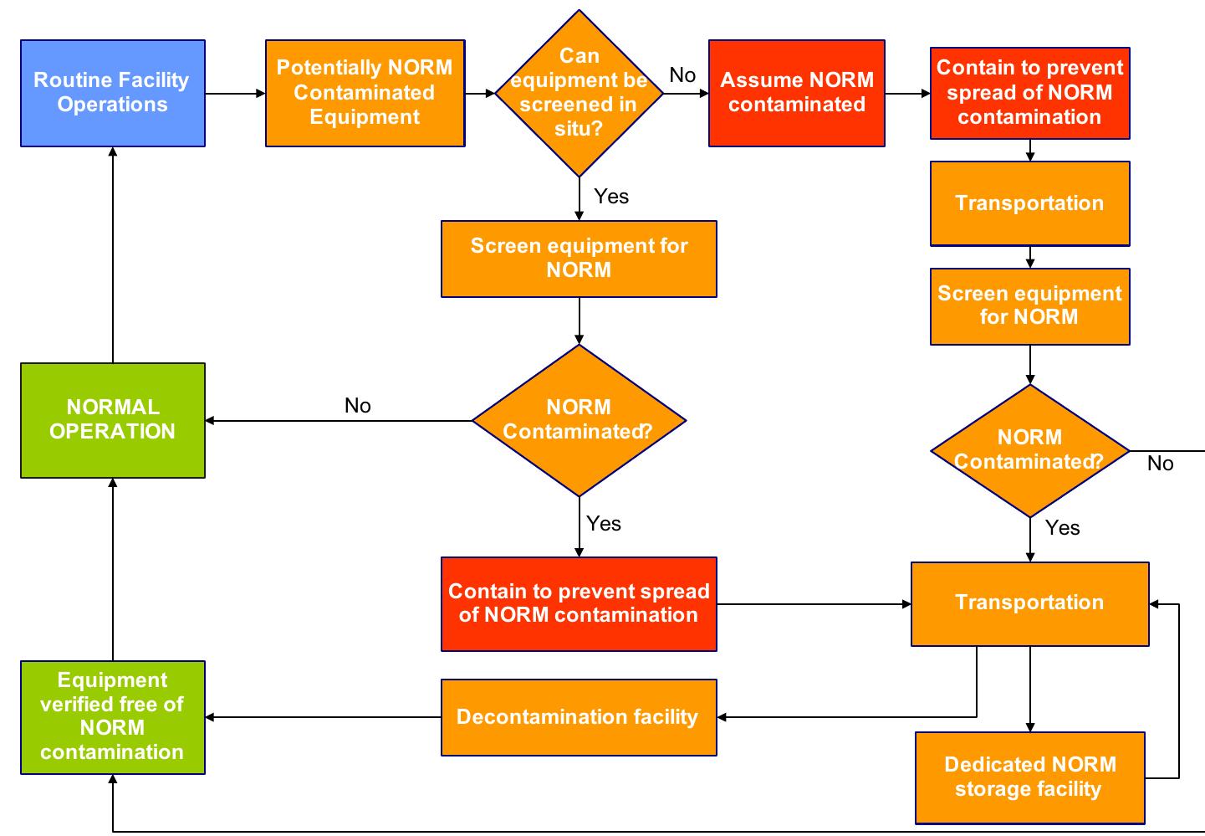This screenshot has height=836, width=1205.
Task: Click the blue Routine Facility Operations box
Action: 112,93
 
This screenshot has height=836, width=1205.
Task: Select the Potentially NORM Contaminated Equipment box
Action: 365,93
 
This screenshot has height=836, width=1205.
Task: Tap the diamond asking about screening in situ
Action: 579,93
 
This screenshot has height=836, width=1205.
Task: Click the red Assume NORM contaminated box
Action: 796,93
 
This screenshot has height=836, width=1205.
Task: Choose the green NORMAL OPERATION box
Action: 112,420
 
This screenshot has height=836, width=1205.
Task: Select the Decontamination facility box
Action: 579,717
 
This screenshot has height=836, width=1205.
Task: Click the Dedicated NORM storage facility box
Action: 1029,777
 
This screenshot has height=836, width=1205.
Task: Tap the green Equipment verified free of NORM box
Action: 112,717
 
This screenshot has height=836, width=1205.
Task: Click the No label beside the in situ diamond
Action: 682,75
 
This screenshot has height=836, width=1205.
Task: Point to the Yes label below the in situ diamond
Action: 611,197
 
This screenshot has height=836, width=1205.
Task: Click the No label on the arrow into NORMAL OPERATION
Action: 357,406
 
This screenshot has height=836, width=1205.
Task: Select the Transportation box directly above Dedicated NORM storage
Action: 1029,603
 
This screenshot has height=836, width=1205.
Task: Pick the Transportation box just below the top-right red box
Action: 1029,203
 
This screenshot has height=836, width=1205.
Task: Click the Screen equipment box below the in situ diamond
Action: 579,259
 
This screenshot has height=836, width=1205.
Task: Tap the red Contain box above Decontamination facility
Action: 579,603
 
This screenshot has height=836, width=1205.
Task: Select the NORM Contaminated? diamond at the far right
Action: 1029,450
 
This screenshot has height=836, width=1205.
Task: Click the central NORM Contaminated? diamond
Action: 579,420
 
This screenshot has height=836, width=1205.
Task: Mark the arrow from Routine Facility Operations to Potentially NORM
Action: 235,94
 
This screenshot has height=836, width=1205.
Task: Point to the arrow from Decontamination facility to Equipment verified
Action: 323,717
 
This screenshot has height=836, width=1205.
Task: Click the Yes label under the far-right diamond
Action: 1062,528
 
